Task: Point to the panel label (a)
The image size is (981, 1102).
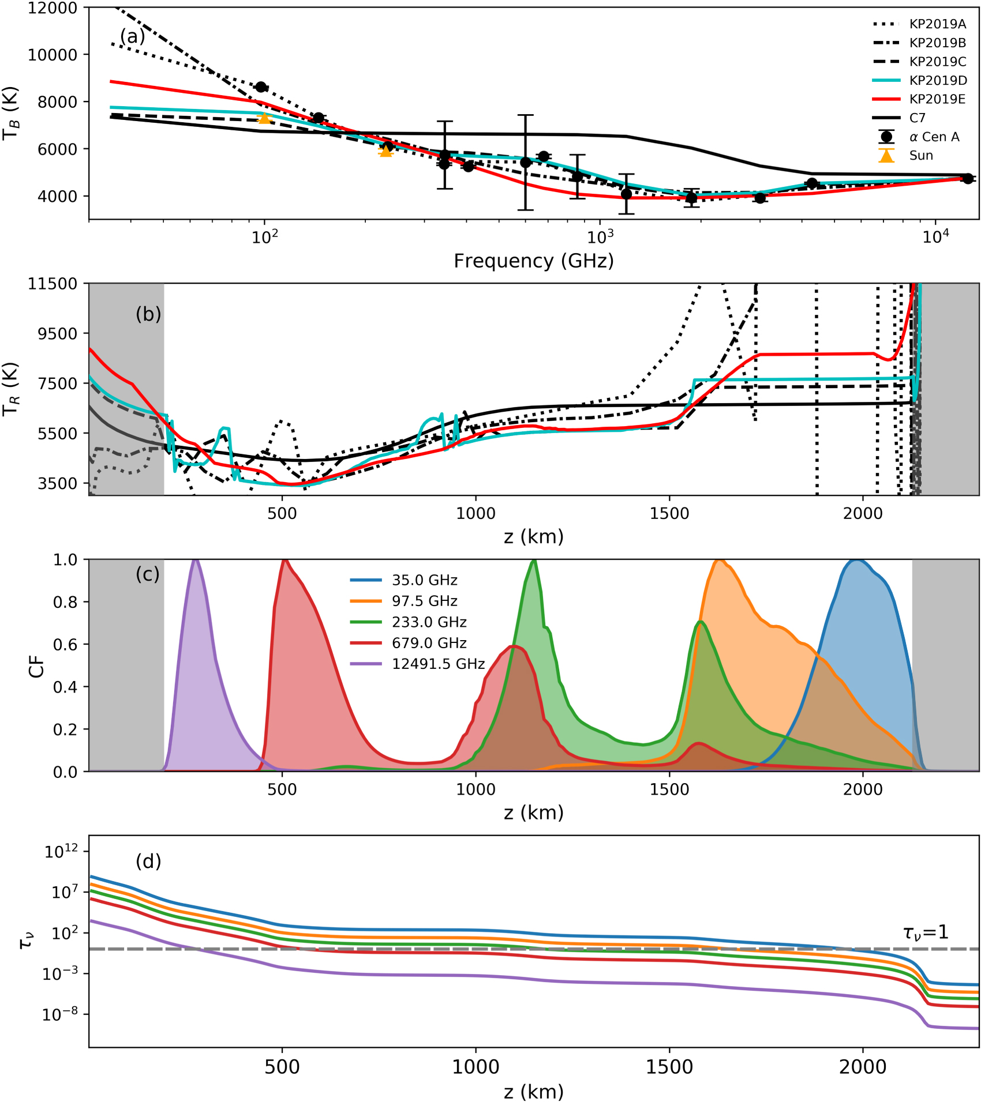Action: coord(132,36)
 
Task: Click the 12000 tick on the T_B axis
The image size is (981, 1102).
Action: coord(52,8)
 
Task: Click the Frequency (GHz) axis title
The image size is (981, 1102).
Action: coord(533,261)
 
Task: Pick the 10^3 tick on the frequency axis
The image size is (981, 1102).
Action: coord(600,237)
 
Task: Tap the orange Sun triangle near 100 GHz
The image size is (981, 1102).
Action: coord(264,118)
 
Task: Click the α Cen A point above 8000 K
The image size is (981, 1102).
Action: coord(261,87)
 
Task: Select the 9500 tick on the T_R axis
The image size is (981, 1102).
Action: coord(57,333)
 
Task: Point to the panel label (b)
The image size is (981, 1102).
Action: coord(148,314)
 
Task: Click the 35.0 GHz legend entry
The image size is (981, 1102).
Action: coord(424,580)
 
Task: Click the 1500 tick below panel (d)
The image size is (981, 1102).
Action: coord(669,1066)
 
